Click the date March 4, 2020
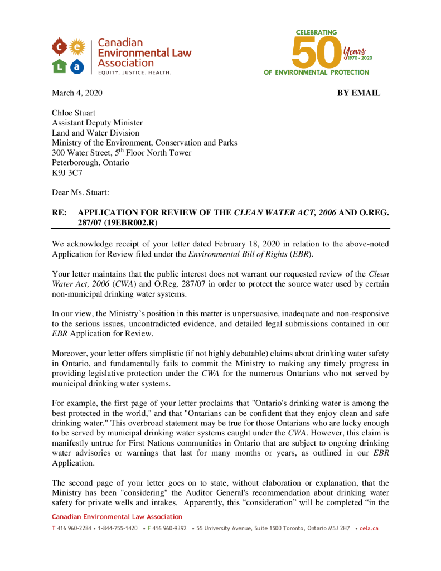(77, 93)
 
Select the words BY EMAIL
(358, 93)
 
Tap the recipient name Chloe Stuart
(74, 113)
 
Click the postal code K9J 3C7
(67, 172)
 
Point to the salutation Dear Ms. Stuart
(80, 192)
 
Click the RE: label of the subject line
(60, 212)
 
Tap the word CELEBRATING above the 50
(316, 32)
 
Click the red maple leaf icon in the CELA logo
(60, 46)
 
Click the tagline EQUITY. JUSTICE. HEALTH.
(135, 72)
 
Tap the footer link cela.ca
(369, 528)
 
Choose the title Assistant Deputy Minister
(97, 123)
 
